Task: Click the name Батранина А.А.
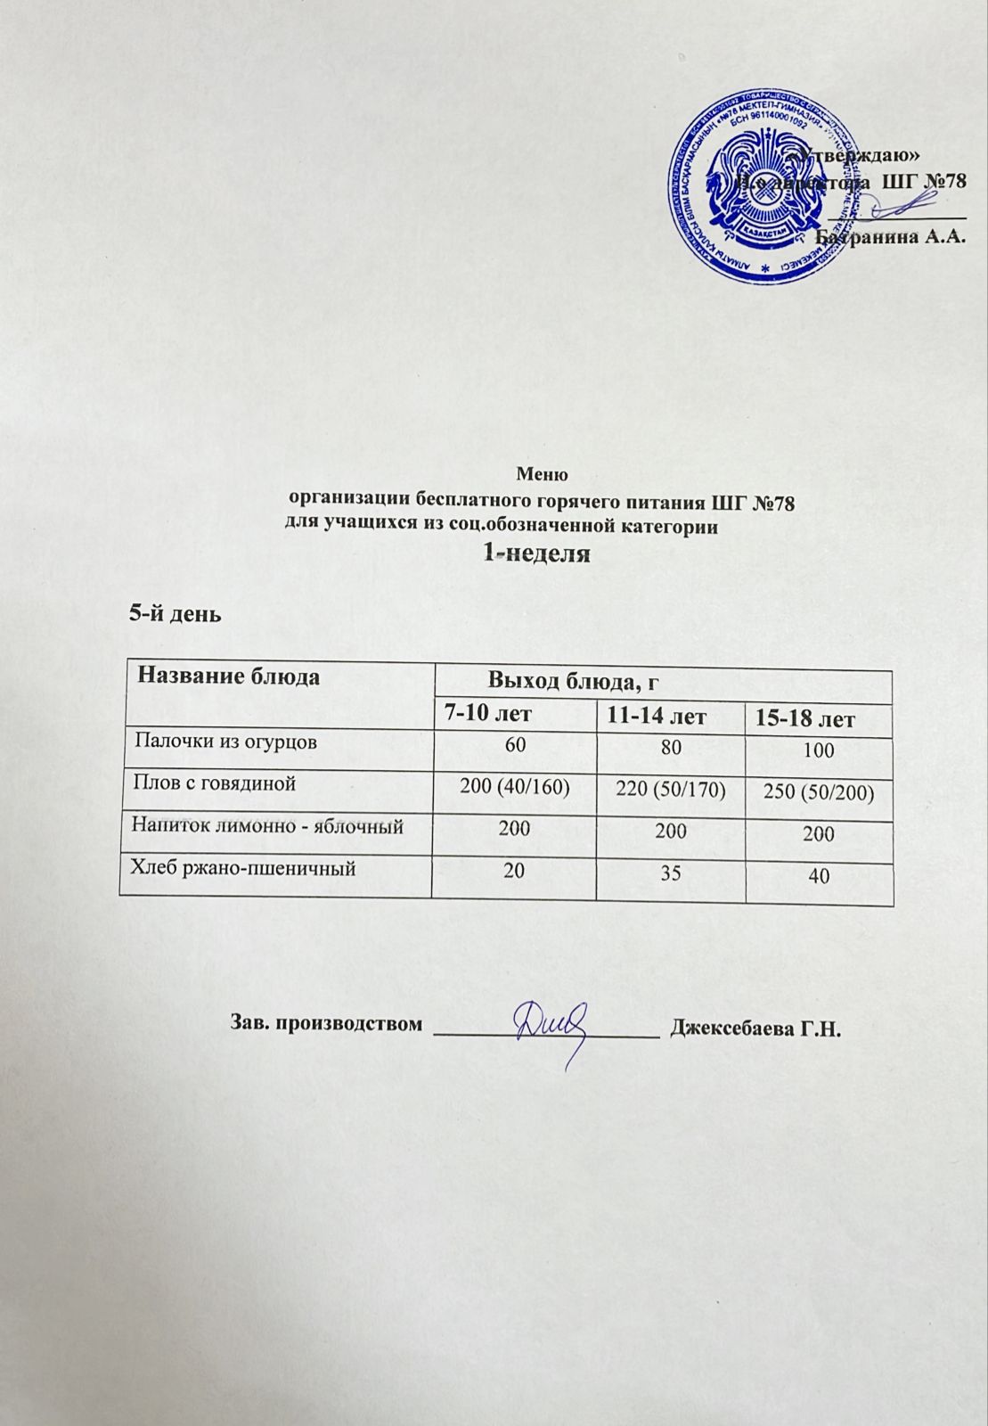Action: tap(891, 237)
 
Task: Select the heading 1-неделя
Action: tap(536, 553)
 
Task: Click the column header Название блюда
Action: tap(229, 676)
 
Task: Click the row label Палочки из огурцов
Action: tap(225, 741)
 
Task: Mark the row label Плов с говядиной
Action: tap(213, 783)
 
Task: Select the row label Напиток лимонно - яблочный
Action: tap(267, 826)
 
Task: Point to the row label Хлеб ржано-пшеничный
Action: tap(243, 867)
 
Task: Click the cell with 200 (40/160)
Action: tap(514, 786)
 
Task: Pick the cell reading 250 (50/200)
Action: tap(818, 791)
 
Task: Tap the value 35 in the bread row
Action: tap(670, 873)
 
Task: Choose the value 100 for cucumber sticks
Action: tap(818, 750)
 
